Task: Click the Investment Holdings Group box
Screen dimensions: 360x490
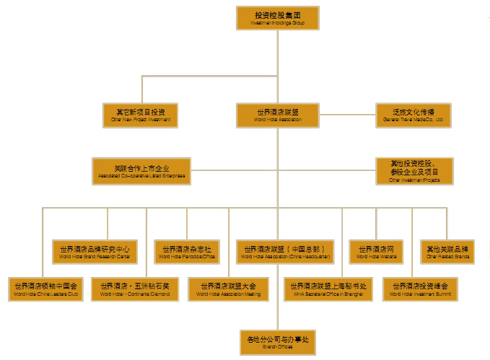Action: click(x=277, y=18)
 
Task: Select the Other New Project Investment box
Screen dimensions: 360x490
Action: click(x=141, y=115)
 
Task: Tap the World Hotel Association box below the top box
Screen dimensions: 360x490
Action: click(x=277, y=115)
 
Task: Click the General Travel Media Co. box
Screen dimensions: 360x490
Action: click(x=414, y=115)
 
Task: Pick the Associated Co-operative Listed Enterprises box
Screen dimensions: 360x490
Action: click(x=141, y=171)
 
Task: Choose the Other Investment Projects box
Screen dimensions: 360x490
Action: click(x=414, y=171)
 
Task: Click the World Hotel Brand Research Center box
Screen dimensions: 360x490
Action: click(x=95, y=251)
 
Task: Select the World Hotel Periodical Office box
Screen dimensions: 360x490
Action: click(x=187, y=251)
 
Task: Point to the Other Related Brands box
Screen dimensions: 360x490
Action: click(x=447, y=251)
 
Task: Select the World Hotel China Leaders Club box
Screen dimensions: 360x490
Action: click(x=45, y=289)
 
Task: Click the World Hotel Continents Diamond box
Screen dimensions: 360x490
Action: click(x=136, y=289)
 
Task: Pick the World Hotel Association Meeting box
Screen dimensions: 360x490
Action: click(x=229, y=289)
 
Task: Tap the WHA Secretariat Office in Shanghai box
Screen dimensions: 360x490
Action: click(x=329, y=289)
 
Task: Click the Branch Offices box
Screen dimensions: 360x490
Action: click(x=277, y=342)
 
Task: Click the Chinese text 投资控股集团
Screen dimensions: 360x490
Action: click(x=277, y=14)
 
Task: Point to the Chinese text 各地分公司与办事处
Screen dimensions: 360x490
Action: click(x=277, y=338)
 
